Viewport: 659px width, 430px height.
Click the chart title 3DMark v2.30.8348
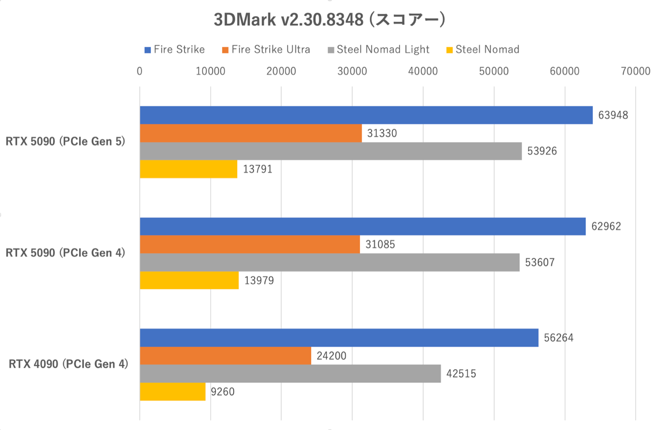329,20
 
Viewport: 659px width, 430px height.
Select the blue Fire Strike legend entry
175,50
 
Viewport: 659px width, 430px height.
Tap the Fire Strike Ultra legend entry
266,50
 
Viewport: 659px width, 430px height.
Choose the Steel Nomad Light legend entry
378,50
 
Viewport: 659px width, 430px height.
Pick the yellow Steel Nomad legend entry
483,50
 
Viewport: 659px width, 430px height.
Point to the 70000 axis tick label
635,72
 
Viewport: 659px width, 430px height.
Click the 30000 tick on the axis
352,72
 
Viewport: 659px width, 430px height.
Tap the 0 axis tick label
139,72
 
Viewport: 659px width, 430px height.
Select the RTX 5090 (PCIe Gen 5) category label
65,142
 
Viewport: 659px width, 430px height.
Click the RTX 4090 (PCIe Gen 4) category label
68,364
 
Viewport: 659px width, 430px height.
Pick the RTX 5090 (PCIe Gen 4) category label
65,253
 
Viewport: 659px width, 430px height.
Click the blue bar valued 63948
366,115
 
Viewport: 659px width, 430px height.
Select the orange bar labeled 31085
250,244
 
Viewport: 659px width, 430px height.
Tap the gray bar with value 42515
290,374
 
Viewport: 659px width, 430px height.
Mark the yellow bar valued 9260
173,392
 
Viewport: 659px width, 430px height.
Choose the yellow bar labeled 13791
188,169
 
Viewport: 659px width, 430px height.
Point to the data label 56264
558,338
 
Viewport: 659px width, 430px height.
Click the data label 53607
540,262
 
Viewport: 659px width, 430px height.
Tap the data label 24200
331,356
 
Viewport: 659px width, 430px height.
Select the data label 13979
259,281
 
